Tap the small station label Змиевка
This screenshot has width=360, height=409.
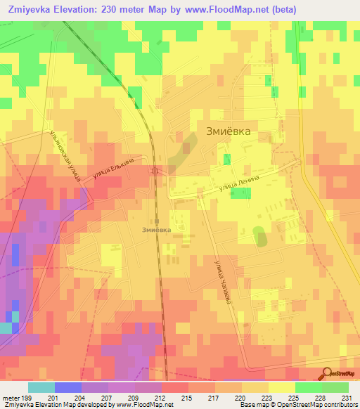click(155, 229)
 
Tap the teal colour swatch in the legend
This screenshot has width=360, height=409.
click(41, 387)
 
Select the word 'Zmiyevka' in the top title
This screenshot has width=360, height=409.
click(31, 9)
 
